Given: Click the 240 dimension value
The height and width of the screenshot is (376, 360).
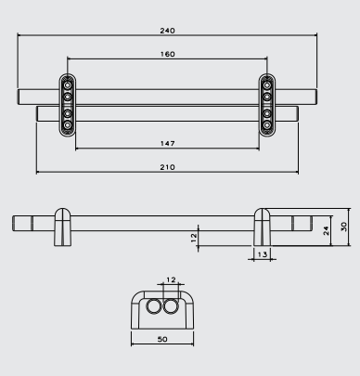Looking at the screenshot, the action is [x=167, y=31].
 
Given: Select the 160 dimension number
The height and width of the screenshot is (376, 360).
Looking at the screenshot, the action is [x=167, y=54].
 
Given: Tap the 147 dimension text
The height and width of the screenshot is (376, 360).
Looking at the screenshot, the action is [x=167, y=144].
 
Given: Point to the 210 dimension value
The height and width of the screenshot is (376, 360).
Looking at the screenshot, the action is [x=167, y=167].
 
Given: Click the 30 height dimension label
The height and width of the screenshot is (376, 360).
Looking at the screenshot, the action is [x=343, y=227].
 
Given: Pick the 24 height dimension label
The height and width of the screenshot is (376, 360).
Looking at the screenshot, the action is [x=326, y=231].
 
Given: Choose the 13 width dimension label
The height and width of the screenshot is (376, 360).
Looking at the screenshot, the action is [x=262, y=254].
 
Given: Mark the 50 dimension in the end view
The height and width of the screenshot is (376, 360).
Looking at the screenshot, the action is [x=162, y=339].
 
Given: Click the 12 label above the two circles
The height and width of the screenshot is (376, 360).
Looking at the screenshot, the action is [x=171, y=280].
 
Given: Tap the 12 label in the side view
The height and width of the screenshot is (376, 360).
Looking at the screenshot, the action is [x=194, y=238].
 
